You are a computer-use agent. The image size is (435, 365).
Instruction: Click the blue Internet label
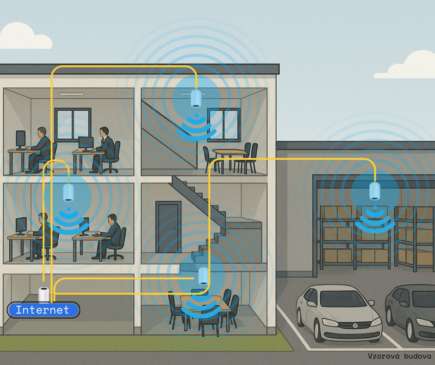click(x=43, y=310)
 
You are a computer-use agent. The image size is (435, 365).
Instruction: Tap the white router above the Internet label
click(x=43, y=295)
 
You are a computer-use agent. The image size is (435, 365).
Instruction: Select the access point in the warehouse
click(x=375, y=191)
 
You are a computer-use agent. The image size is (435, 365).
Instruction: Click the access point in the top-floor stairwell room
click(x=196, y=98)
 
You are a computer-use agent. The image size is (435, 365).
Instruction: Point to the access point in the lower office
click(x=68, y=192)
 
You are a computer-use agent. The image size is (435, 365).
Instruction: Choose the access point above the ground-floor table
click(x=203, y=276)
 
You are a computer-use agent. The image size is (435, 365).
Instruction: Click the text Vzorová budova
click(x=399, y=356)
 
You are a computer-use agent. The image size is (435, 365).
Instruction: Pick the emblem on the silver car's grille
click(x=355, y=326)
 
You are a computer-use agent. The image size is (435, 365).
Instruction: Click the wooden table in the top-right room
click(x=230, y=152)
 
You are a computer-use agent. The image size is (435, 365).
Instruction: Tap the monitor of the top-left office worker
click(x=20, y=139)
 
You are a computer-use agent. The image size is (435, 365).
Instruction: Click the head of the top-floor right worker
click(x=104, y=132)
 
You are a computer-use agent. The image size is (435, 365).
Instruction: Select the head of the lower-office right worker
click(x=112, y=219)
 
